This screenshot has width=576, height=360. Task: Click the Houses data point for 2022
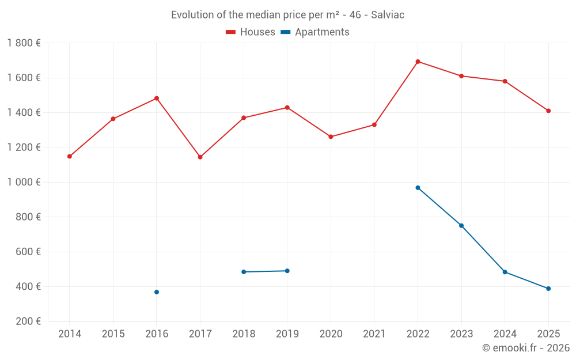click(418, 62)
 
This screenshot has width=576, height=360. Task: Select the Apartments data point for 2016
click(157, 292)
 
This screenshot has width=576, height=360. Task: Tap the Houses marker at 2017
click(200, 157)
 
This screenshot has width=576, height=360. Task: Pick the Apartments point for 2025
click(548, 289)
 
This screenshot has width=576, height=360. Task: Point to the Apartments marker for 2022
click(418, 188)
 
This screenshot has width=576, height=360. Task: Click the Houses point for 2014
click(70, 156)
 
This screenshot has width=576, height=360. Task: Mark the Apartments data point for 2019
click(287, 271)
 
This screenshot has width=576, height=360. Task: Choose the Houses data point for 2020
click(331, 137)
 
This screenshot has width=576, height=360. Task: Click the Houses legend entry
click(251, 32)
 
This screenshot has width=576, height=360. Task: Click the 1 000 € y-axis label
click(24, 182)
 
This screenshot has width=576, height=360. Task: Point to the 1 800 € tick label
click(24, 43)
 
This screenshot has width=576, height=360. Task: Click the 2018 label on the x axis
click(244, 334)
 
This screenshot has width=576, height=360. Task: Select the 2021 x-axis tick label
click(374, 334)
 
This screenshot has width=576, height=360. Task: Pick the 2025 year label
click(548, 334)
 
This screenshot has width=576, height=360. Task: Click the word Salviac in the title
click(388, 15)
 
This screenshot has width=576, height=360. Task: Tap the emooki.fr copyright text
click(525, 348)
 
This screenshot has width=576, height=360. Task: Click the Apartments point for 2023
click(461, 225)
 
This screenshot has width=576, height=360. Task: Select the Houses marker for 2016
click(157, 98)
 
